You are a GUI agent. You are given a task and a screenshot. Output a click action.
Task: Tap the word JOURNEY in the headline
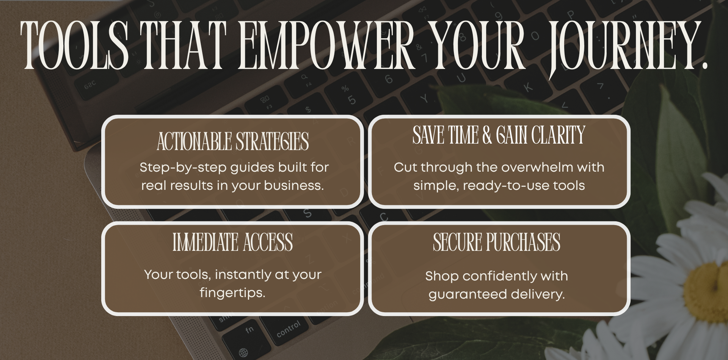click(x=622, y=47)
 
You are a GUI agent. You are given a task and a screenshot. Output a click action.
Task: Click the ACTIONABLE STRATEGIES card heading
click(x=233, y=141)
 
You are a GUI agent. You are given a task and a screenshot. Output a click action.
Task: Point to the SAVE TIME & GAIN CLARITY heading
click(x=499, y=135)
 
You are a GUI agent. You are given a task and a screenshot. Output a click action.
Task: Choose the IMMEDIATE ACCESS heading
click(x=233, y=242)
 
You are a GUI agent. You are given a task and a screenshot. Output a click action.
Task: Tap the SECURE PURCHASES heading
click(x=497, y=242)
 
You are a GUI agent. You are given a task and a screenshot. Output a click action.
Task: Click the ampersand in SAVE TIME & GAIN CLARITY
click(x=487, y=135)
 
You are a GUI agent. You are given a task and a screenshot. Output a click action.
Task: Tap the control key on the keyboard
click(x=289, y=329)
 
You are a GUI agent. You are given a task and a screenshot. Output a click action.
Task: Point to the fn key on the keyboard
click(x=249, y=330)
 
